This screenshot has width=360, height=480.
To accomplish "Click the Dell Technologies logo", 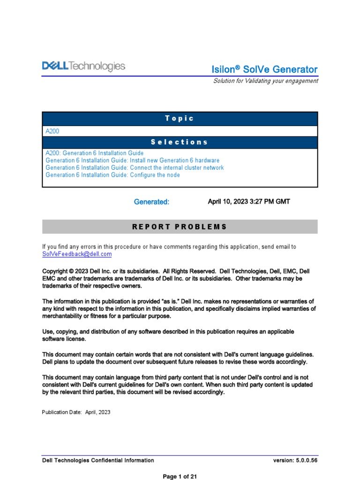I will click(x=84, y=67).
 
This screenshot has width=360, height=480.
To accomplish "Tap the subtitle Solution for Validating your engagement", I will click(x=265, y=81).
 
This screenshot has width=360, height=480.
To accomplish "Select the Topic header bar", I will click(x=180, y=119).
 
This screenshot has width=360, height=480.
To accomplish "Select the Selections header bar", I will click(x=180, y=142).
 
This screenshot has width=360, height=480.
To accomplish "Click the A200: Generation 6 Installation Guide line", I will click(x=95, y=153).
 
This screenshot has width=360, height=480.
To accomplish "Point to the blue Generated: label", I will click(x=151, y=202).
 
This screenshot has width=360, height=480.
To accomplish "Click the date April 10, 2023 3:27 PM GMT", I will click(x=248, y=202).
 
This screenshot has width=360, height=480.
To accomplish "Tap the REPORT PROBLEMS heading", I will click(x=180, y=227).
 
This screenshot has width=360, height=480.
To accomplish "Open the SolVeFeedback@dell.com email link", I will click(x=77, y=254).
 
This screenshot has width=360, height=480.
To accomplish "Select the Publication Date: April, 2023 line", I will click(x=76, y=412).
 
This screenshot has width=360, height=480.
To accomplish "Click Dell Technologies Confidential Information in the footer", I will click(x=98, y=460).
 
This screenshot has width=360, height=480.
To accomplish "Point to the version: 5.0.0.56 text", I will click(x=295, y=460).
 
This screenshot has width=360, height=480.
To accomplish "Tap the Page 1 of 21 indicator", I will click(x=180, y=477).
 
